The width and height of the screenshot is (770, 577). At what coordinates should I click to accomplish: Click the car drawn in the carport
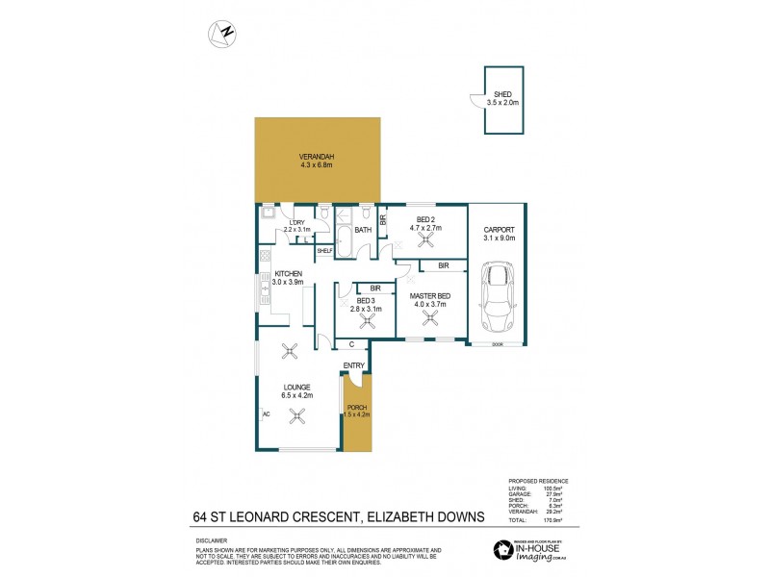click(x=499, y=296)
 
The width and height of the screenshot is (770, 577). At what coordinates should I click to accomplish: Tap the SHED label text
click(x=502, y=93)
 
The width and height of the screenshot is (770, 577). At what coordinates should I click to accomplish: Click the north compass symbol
click(x=223, y=33)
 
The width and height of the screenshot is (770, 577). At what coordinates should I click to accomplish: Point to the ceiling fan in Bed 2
click(x=397, y=244)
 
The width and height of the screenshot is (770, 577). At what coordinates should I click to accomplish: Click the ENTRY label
click(x=354, y=365)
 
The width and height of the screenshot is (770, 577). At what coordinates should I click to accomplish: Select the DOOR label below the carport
click(x=498, y=344)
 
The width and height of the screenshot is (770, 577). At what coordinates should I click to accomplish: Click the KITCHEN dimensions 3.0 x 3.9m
click(x=288, y=283)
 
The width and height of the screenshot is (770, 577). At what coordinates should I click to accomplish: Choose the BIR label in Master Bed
click(x=444, y=265)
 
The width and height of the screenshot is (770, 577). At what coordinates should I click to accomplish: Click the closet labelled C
click(x=352, y=343)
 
